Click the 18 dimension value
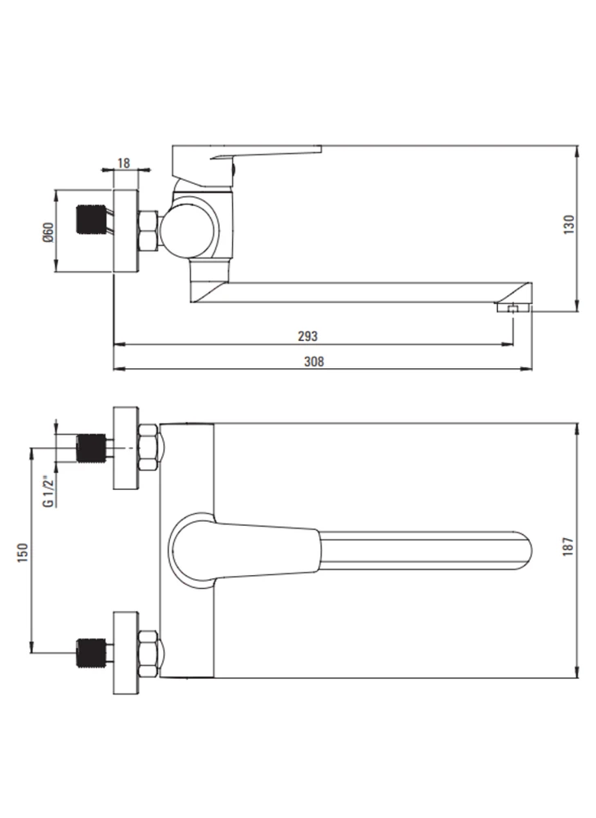pos(123,164)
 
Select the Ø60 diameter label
pos(48,231)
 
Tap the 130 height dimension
pos(569,224)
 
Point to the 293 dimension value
pos(307,336)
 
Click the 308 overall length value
pos(314,361)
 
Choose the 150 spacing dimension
pos(23,552)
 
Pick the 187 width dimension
pos(568,546)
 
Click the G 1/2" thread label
pos(48,490)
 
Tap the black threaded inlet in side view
pos(92,219)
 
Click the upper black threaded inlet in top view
pos(92,448)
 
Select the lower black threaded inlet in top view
pos(92,653)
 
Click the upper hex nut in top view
pos(149,448)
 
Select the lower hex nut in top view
pos(149,653)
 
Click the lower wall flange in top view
pos(126,653)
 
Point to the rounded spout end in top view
pos(522,551)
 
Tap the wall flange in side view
pos(126,231)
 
